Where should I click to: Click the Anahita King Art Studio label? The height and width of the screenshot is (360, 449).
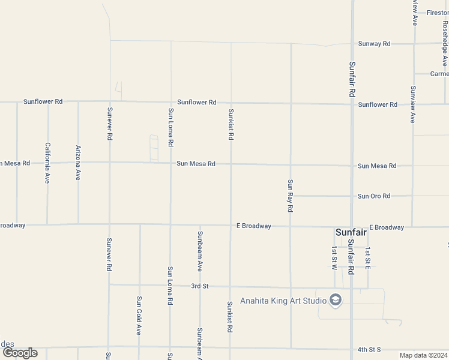282,301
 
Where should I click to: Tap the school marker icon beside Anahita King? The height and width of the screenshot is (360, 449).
336,300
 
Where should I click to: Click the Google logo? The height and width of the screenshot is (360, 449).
20,353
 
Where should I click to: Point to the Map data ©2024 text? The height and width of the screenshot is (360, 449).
423,355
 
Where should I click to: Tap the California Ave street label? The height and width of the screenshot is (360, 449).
47,163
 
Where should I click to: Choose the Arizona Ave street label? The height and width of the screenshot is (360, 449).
78,163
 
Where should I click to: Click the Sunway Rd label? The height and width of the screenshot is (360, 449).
374,44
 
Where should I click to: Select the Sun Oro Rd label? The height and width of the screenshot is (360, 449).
374,196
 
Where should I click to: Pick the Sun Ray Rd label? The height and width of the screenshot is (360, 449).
291,196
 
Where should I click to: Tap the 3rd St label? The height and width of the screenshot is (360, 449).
199,286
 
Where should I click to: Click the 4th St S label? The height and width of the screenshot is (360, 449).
369,349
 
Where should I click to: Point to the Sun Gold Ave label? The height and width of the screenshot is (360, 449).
139,315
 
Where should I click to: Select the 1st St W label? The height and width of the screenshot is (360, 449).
334,257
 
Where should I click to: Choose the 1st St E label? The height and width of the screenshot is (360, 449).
368,257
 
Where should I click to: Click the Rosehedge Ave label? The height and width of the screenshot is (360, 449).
445,44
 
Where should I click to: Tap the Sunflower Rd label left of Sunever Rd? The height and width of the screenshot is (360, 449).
43,101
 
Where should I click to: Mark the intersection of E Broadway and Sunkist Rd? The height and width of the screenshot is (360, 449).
231,226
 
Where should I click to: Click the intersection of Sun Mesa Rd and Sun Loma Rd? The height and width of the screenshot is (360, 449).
170,163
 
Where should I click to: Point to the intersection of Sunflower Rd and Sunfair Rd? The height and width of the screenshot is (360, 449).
352,104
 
